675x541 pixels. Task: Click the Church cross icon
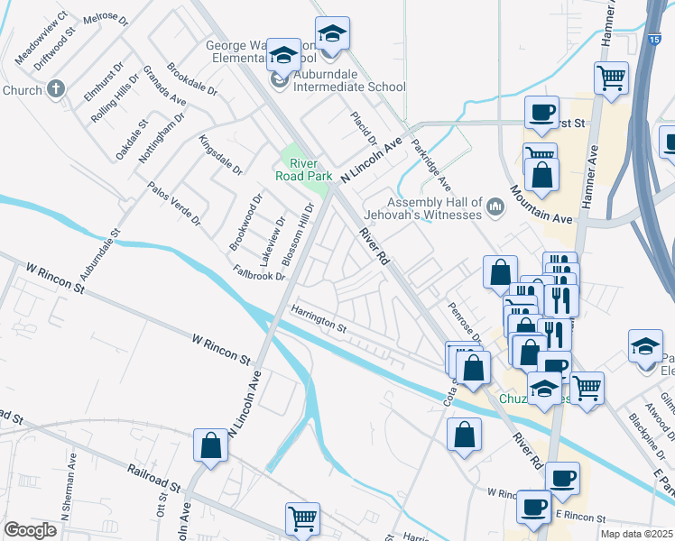(56, 90)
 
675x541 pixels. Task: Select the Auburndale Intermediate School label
(347, 87)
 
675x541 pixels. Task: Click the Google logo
(31, 530)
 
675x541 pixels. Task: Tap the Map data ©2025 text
(637, 534)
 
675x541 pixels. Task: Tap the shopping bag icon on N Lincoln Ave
(210, 445)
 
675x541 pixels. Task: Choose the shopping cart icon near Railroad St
(302, 518)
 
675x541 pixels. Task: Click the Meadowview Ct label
(42, 38)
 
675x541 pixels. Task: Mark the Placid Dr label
(363, 129)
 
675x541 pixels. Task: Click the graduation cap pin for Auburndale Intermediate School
(284, 56)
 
